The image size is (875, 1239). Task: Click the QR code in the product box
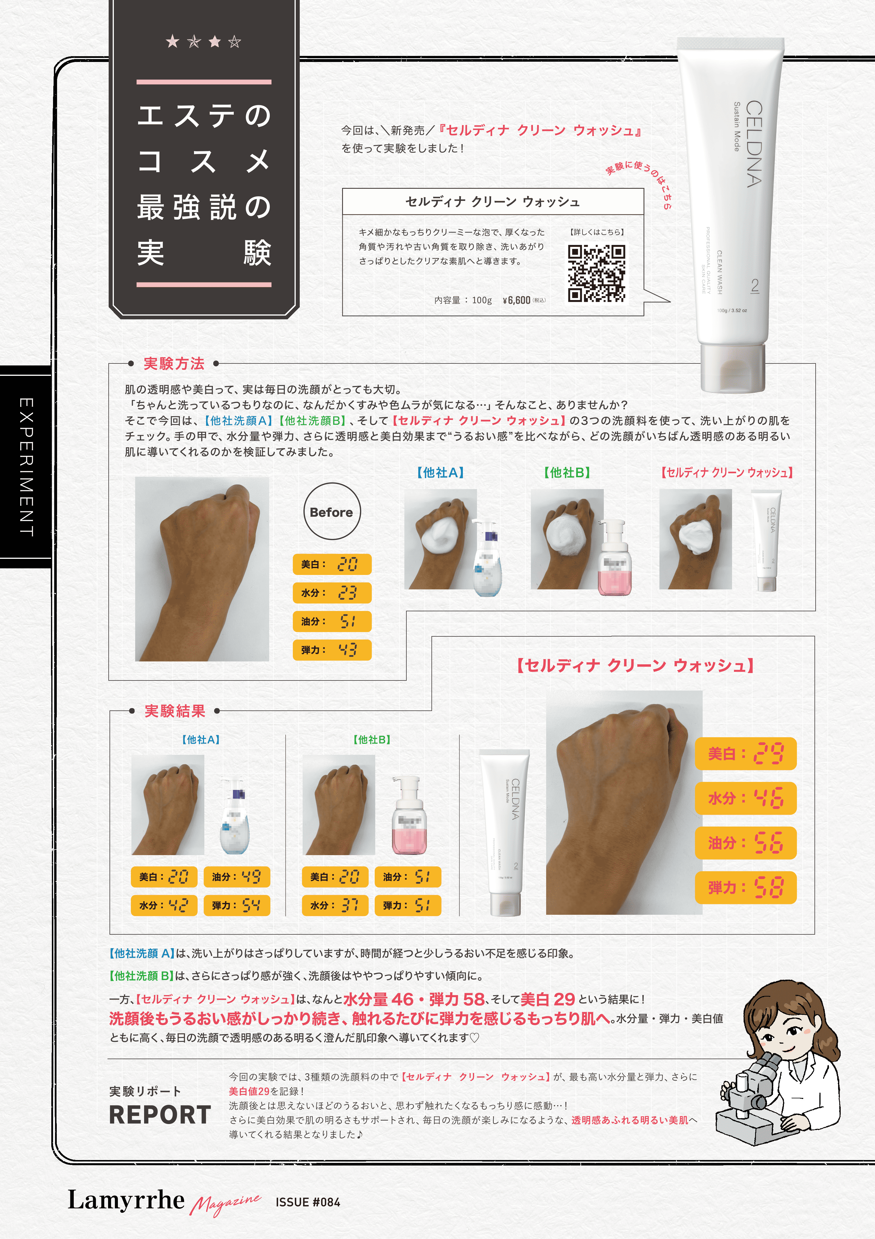click(x=597, y=273)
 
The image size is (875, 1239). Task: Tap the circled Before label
click(x=331, y=512)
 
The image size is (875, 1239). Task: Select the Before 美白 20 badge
click(x=332, y=564)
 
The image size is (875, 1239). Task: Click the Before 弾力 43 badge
click(x=332, y=650)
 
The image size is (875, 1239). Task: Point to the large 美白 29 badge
click(x=745, y=753)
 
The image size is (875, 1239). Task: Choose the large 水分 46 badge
click(x=745, y=798)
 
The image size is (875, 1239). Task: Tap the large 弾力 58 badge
click(x=745, y=887)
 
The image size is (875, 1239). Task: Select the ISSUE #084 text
click(x=308, y=1202)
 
